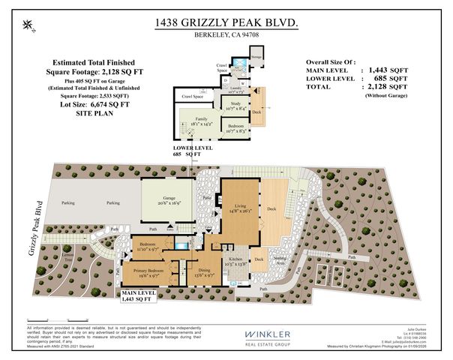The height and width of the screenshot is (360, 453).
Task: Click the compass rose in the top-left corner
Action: (29, 26)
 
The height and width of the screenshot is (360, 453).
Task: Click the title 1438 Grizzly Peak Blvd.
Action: (226, 24)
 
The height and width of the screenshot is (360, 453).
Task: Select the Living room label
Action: (240, 208)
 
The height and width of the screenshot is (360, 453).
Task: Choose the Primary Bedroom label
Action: (154, 272)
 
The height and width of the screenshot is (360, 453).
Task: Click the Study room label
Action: (235, 105)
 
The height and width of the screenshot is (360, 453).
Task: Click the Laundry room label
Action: (235, 87)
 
